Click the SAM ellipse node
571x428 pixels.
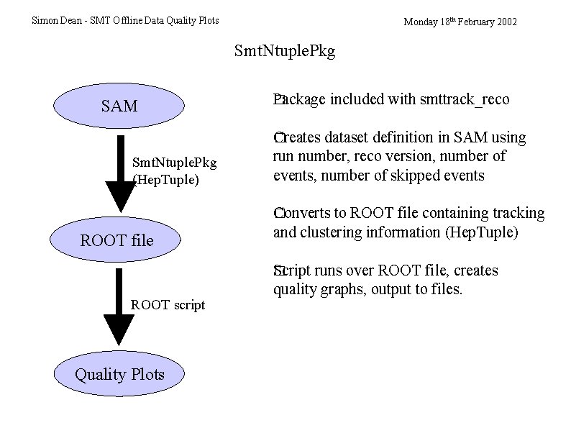pyautogui.click(x=119, y=106)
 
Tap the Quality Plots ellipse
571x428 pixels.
pyautogui.click(x=119, y=374)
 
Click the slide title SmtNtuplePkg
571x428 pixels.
pyautogui.click(x=285, y=52)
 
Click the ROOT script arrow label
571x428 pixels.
pyautogui.click(x=168, y=305)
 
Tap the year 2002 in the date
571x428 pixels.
pyautogui.click(x=506, y=22)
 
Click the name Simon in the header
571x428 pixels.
pyautogui.click(x=45, y=21)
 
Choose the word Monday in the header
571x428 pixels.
pyautogui.click(x=421, y=22)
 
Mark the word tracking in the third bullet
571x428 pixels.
pyautogui.click(x=519, y=214)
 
